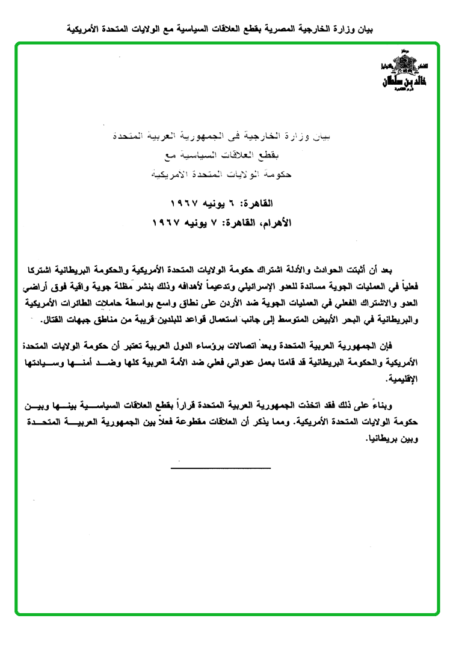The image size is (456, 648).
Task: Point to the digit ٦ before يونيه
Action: click(232, 204)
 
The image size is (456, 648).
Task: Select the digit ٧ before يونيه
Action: click(217, 222)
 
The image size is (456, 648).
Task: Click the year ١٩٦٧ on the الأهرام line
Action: click(168, 222)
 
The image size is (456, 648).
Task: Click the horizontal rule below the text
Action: click(221, 466)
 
